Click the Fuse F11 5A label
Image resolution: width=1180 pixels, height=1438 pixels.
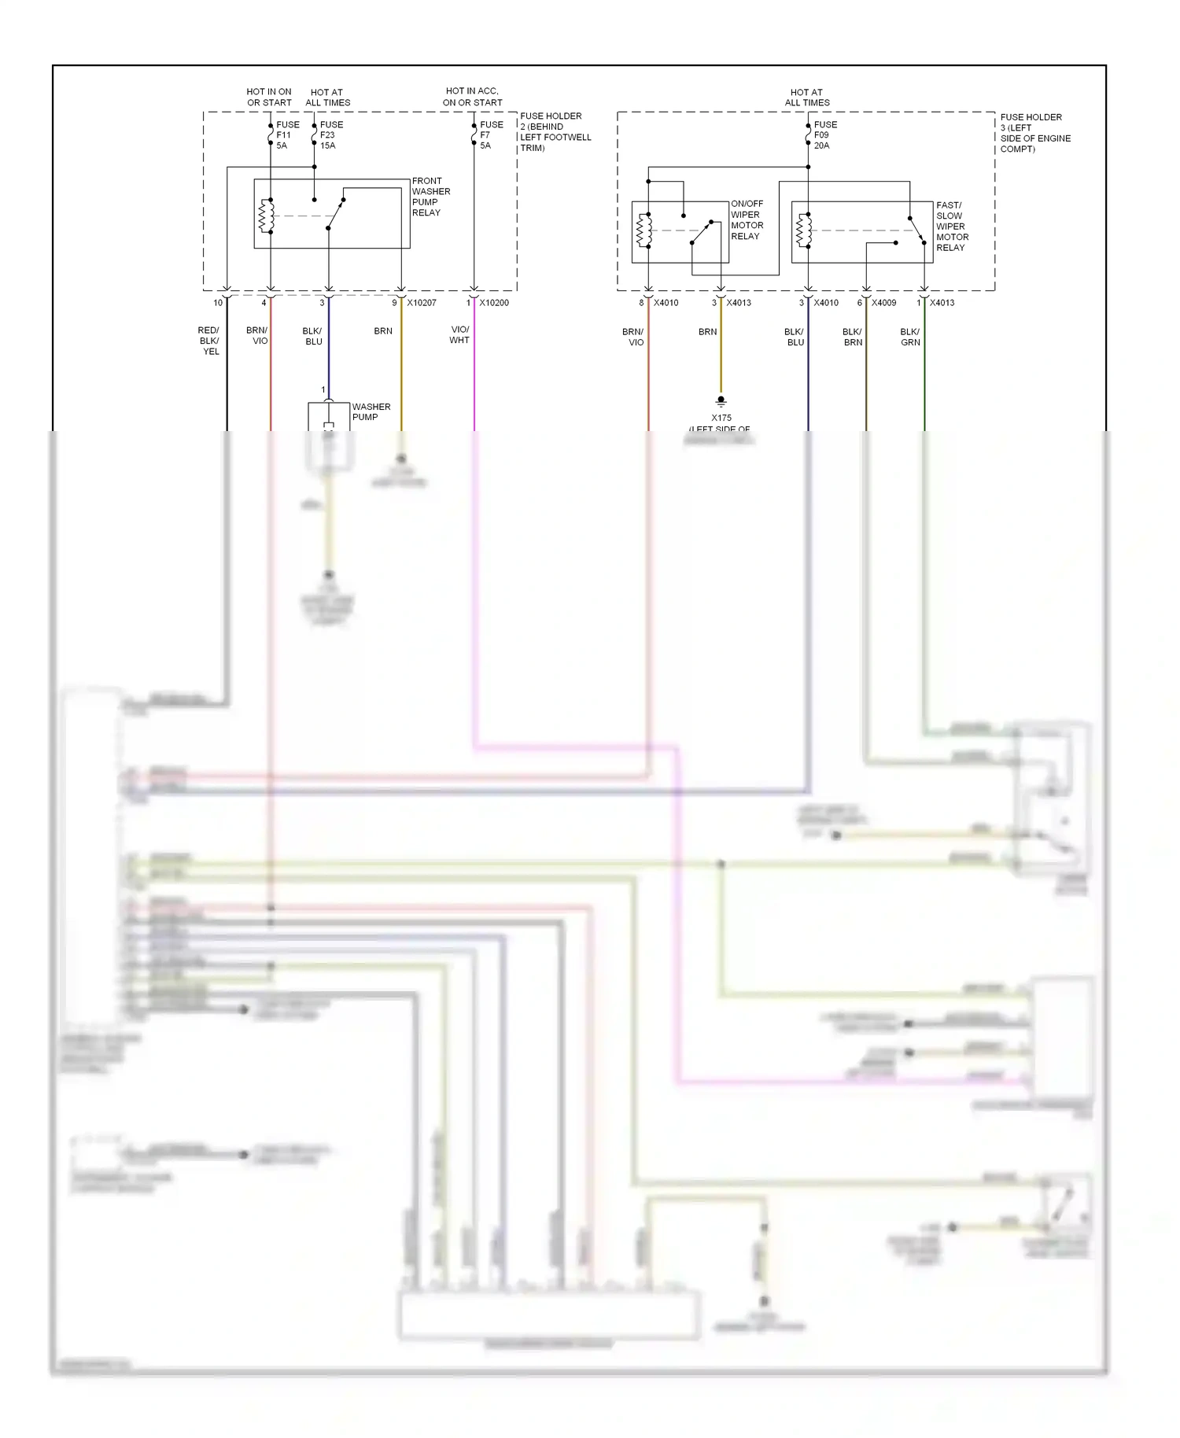point(287,135)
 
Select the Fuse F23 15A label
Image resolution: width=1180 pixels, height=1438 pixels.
point(331,135)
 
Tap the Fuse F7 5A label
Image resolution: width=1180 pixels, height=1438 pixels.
point(491,135)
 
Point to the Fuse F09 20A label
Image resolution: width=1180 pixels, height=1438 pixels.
point(825,135)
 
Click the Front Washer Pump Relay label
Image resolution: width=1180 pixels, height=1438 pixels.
point(431,197)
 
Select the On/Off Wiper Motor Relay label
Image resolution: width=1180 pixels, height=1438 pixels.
point(747,219)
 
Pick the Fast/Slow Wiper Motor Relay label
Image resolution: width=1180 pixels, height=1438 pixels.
point(952,226)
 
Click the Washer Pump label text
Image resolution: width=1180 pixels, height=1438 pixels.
point(371,411)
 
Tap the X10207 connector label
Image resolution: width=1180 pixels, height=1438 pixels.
point(422,303)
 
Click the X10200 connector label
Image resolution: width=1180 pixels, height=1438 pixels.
point(494,303)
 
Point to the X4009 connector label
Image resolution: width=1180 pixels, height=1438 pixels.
point(883,303)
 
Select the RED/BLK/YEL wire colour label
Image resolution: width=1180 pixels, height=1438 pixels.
point(209,341)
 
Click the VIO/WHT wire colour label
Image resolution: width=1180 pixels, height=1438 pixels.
point(459,335)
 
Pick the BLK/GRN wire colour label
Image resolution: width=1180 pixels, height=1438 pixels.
point(910,337)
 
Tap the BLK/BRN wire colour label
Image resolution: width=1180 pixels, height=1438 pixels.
point(853,337)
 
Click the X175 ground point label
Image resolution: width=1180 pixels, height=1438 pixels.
point(721,418)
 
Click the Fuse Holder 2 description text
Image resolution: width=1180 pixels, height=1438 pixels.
point(555,131)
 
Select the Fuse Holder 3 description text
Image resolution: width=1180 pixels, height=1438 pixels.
point(1034,132)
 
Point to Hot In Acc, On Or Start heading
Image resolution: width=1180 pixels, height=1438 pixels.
point(472,97)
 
